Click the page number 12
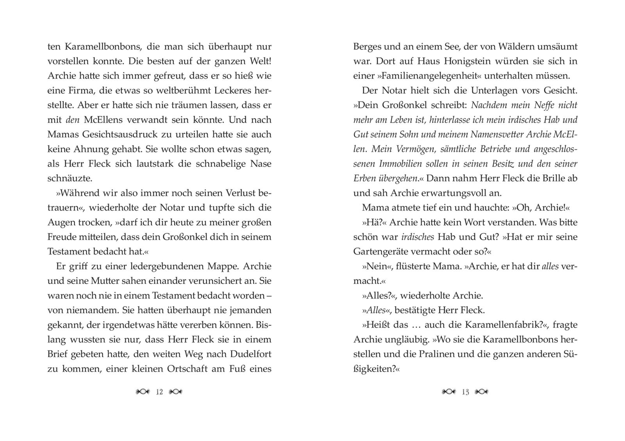[x=159, y=392]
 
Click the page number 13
[x=465, y=392]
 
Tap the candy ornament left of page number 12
[x=143, y=392]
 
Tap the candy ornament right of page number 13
[x=482, y=392]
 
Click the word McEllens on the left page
[x=103, y=120]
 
